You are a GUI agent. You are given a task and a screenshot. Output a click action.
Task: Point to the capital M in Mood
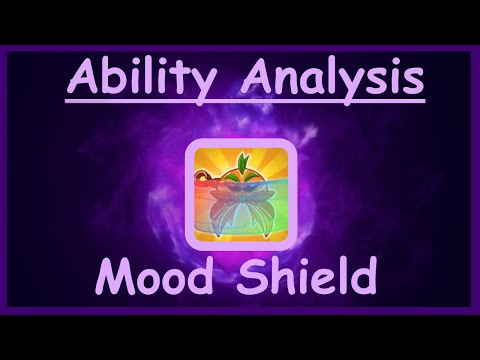113,271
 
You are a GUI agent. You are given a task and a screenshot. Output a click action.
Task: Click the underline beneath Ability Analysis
245,98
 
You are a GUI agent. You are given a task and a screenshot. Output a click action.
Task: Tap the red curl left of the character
204,183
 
